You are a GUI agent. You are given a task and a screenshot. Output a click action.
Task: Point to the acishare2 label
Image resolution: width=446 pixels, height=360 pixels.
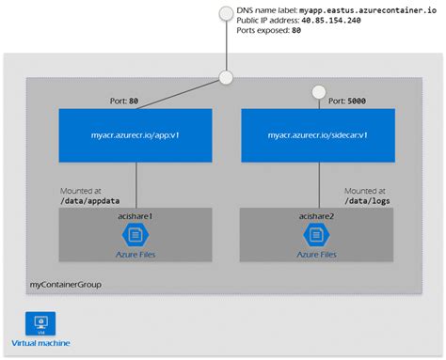317,217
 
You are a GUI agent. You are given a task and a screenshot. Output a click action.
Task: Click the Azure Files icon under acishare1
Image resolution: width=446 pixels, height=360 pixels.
136,236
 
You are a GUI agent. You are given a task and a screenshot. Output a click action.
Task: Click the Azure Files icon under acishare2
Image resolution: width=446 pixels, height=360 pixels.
317,236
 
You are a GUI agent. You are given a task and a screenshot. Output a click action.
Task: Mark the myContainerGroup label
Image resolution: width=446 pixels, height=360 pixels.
65,284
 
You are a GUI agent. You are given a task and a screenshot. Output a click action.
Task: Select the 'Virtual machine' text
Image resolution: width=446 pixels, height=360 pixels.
40,343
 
